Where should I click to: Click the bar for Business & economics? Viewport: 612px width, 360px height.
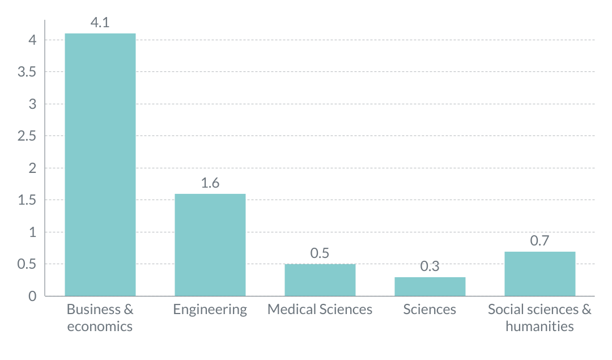pos(100,164)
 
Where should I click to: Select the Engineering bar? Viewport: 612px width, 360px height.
pos(210,245)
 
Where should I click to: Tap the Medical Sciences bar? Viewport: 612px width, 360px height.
pos(320,280)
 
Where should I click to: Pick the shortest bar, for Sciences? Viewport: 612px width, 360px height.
pos(430,287)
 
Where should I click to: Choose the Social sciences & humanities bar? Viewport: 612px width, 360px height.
pos(539,274)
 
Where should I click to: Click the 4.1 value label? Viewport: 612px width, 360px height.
pos(100,23)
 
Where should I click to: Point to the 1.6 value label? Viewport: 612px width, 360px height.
pos(210,183)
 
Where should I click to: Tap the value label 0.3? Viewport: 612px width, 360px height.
pos(430,266)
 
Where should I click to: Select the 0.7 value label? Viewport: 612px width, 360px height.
pos(539,240)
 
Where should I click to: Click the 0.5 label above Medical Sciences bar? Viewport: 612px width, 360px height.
pos(320,253)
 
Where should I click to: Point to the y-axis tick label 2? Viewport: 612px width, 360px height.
pos(33,168)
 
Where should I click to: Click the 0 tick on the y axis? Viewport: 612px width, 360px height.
pos(33,296)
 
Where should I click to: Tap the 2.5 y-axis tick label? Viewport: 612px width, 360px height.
pos(27,136)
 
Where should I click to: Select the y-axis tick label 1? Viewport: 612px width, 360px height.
pos(33,232)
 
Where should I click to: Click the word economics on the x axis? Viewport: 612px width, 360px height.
pos(100,327)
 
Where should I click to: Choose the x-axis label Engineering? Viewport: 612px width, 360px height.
pos(210,310)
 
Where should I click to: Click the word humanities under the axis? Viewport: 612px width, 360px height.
pos(539,327)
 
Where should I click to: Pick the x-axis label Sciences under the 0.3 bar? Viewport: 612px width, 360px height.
pos(430,310)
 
